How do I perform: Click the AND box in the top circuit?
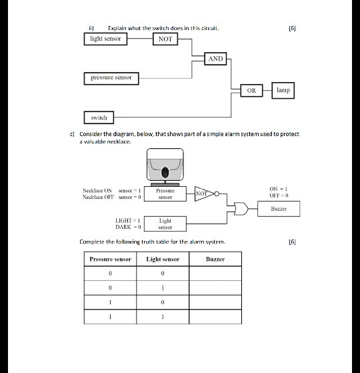coord(215,59)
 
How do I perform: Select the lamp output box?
coord(283,89)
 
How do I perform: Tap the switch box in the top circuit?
coord(99,117)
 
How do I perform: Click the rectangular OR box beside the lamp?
coord(251,89)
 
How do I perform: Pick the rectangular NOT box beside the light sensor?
coord(165,39)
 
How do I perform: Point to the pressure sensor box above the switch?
coord(111,78)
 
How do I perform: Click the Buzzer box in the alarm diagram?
coord(278,209)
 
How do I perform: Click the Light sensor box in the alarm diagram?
coord(165,224)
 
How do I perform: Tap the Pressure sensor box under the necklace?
coord(165,194)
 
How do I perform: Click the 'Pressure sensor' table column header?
coord(110,259)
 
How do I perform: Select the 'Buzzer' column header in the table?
coord(215,259)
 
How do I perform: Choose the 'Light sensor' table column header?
coord(163,259)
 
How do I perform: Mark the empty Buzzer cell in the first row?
coord(215,274)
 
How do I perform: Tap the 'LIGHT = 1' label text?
coord(129,220)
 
